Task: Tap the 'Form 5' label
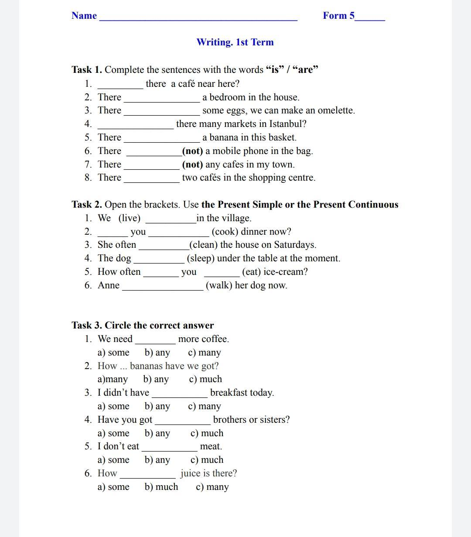pyautogui.click(x=338, y=16)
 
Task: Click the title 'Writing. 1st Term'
pyautogui.click(x=235, y=42)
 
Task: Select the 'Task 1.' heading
pyautogui.click(x=87, y=70)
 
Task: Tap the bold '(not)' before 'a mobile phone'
pyautogui.click(x=192, y=151)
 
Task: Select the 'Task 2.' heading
pyautogui.click(x=87, y=205)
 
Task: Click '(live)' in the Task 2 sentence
pyautogui.click(x=130, y=218)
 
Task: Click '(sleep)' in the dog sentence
pyautogui.click(x=201, y=258)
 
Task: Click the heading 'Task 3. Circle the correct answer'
pyautogui.click(x=143, y=325)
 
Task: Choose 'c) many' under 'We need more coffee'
pyautogui.click(x=205, y=352)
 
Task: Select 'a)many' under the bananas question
pyautogui.click(x=113, y=379)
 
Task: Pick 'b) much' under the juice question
pyautogui.click(x=161, y=487)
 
